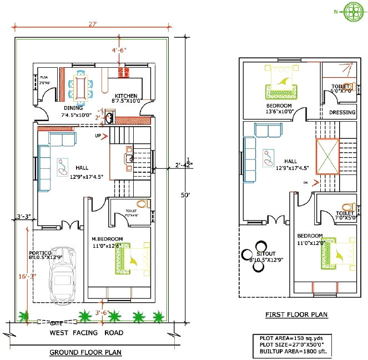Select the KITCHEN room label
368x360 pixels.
pos(126,96)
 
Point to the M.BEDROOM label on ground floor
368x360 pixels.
pos(107,239)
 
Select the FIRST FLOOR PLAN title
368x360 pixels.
pos(296,315)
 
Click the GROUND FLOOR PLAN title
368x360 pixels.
pos(85,352)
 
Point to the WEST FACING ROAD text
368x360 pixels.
pos(87,333)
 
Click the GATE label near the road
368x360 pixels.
pos(57,323)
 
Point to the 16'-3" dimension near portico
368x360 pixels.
pos(21,276)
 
